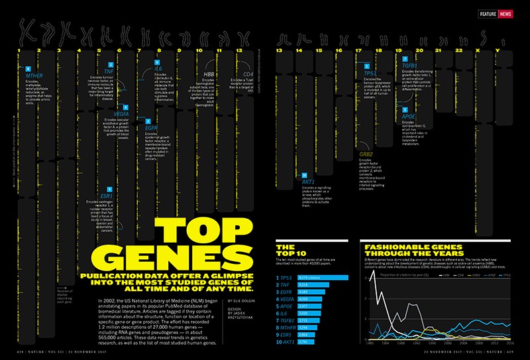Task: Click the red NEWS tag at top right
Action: click(505, 14)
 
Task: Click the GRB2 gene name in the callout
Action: click(366, 154)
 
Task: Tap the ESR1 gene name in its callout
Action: click(105, 177)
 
